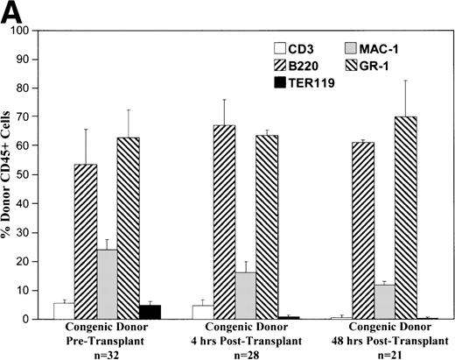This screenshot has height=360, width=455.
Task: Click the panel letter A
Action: [x=12, y=12]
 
